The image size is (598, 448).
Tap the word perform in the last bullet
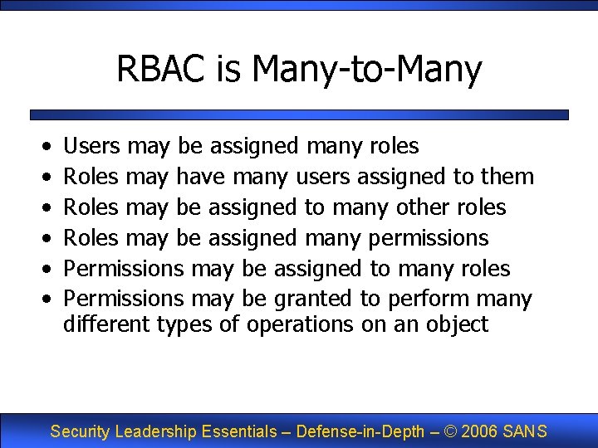[430, 299]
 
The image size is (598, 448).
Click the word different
[106, 324]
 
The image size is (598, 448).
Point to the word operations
[300, 324]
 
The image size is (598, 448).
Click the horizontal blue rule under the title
[299, 114]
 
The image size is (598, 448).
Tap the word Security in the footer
[81, 431]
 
